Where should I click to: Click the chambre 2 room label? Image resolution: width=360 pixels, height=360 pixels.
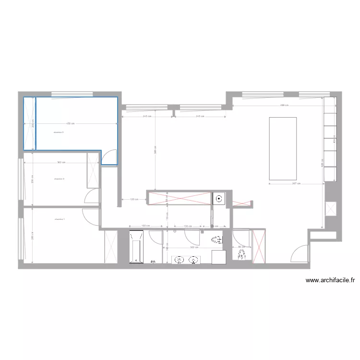click(x=60, y=179)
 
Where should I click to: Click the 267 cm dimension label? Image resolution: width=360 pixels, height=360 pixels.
click(x=296, y=183)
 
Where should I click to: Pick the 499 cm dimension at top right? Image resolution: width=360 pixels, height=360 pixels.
click(x=284, y=106)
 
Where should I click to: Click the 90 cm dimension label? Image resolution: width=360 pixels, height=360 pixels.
click(x=240, y=248)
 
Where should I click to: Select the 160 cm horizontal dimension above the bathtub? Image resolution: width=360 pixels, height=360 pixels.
click(x=144, y=226)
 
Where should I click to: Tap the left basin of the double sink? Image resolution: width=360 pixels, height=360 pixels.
click(x=179, y=260)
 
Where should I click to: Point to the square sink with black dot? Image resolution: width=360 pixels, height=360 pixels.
click(x=219, y=198)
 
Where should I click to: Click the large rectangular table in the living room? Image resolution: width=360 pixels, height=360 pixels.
click(x=283, y=148)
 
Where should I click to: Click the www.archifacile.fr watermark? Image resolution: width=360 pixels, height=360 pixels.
click(x=330, y=281)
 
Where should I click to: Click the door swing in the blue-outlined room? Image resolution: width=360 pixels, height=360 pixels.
click(x=110, y=156)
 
